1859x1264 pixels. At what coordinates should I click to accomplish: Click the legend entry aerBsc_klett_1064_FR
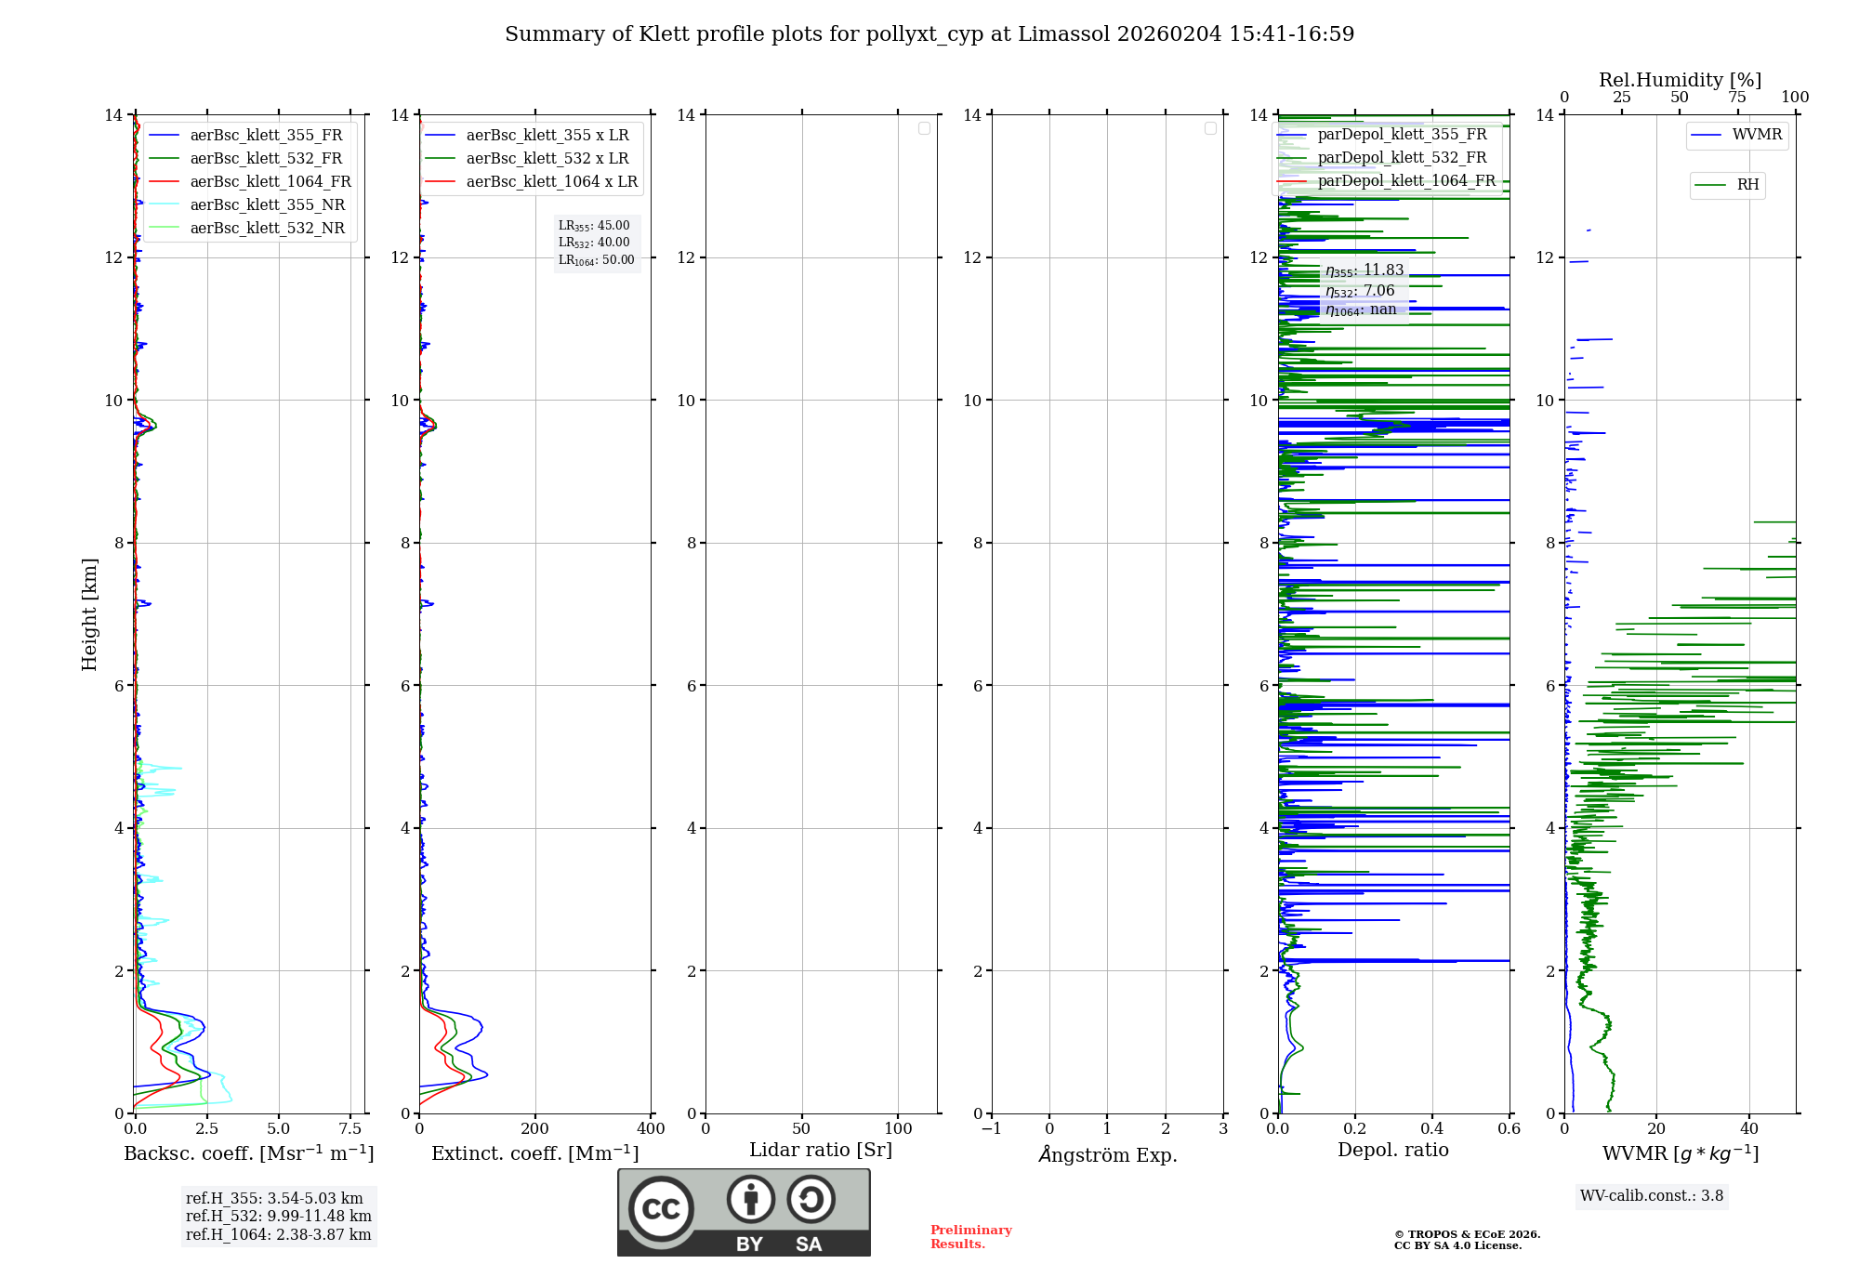tap(249, 182)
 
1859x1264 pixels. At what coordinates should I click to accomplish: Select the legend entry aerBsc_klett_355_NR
tap(246, 205)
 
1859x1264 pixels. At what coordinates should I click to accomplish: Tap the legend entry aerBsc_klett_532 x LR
tap(526, 159)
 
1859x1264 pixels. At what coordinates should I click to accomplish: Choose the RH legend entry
tap(1726, 185)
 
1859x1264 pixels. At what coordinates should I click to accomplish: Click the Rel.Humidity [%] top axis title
tap(1680, 81)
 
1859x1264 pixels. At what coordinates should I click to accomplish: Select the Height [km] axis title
tap(89, 614)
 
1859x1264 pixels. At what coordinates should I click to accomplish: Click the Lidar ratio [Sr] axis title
tap(821, 1151)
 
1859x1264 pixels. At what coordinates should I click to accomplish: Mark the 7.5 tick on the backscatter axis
tap(350, 1128)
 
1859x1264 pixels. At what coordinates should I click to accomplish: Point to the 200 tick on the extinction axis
tap(535, 1128)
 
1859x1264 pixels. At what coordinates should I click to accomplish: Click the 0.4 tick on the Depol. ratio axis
tap(1432, 1128)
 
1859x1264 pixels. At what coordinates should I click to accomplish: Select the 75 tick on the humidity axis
tap(1737, 98)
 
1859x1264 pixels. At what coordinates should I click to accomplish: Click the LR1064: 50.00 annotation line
tap(597, 260)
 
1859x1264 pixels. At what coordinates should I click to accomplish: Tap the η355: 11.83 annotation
tap(1365, 270)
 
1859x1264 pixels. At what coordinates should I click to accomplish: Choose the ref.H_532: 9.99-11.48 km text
tap(279, 1217)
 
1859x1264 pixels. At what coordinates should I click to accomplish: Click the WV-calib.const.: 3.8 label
tap(1652, 1196)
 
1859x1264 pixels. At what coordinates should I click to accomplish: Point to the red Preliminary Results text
tap(971, 1237)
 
